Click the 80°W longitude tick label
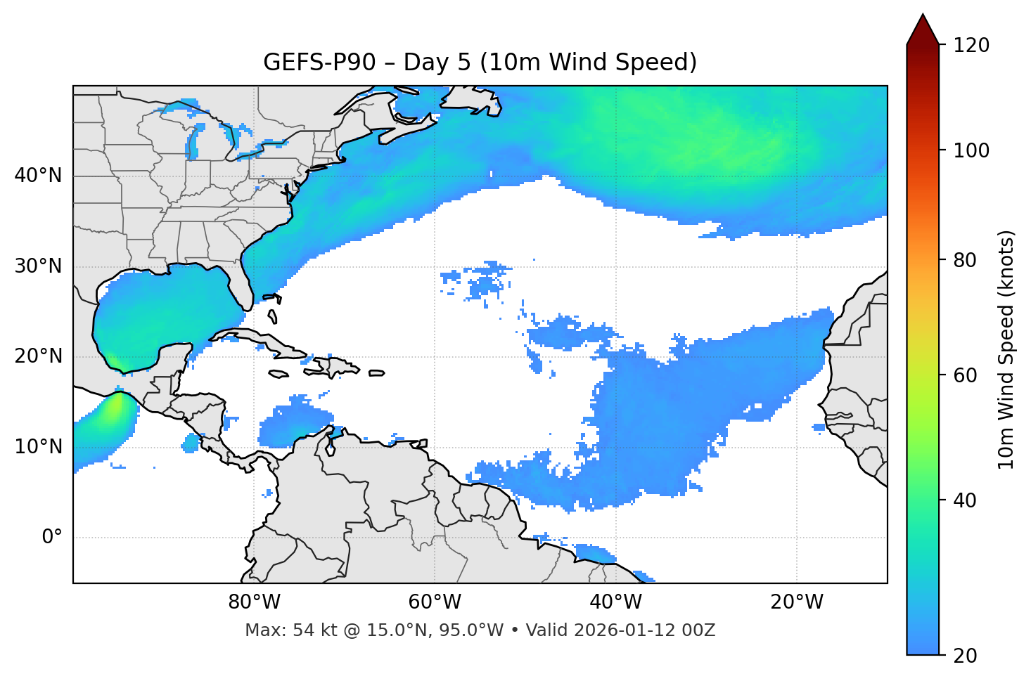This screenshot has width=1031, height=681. tap(254, 602)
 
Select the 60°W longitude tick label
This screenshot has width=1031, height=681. tap(435, 602)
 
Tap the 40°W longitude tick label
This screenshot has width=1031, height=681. tap(615, 602)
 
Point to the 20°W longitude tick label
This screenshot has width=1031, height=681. tap(797, 602)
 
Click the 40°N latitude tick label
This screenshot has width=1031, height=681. tap(38, 176)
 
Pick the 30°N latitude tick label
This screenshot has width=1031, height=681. tap(38, 266)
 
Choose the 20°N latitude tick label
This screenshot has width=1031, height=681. tap(38, 356)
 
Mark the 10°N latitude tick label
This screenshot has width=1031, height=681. tap(38, 447)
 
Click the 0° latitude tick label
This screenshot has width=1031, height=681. tap(52, 538)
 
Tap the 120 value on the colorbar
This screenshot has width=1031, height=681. tap(971, 46)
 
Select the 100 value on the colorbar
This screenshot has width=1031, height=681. tap(971, 150)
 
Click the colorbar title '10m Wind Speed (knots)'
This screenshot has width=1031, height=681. tap(1006, 349)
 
